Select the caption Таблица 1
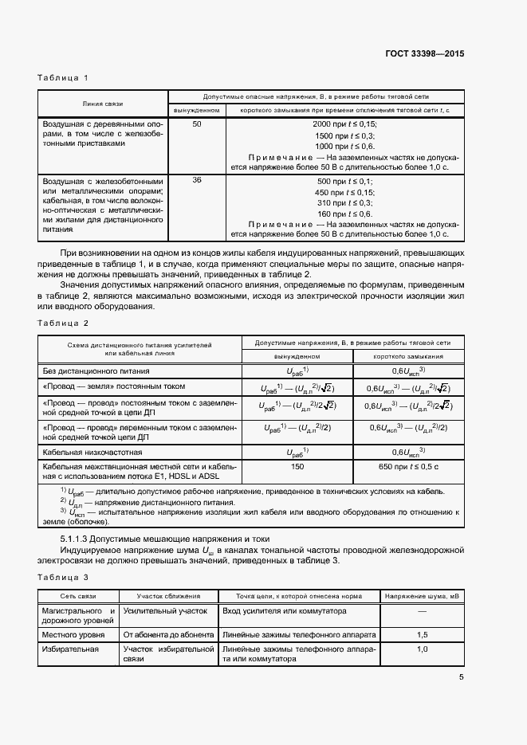pos(63,77)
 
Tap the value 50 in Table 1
pos(197,124)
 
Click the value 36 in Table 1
pos(197,180)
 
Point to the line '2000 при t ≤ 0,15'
pos(344,125)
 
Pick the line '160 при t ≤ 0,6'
pos(344,214)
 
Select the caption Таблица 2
pos(63,323)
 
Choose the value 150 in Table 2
pos(298,466)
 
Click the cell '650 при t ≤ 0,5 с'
pos(408,466)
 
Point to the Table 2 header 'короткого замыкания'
pos(408,356)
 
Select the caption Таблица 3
pos(63,575)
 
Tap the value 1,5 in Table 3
pos(422,634)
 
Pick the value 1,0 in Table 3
pos(422,649)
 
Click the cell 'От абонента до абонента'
pos(168,634)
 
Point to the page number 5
pos(461,678)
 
